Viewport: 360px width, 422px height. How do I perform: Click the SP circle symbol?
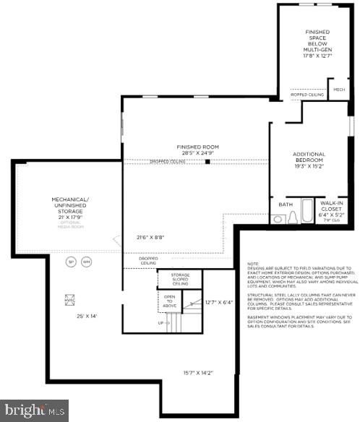coord(71,262)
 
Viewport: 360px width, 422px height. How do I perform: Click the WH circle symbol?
coord(87,262)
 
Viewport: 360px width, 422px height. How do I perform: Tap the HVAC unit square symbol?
coord(72,298)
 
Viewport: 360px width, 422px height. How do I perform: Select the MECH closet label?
coord(338,90)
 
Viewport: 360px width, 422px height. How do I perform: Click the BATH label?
coord(285,204)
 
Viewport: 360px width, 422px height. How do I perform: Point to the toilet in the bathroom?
coord(293,218)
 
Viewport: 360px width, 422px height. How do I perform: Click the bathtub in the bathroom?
coord(308,211)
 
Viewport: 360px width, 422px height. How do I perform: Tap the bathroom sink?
coord(278,219)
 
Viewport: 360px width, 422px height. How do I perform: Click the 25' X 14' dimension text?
coord(87,316)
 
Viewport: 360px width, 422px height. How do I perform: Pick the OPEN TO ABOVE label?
coord(170,301)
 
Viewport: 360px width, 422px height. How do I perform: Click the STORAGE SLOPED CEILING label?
coord(180,279)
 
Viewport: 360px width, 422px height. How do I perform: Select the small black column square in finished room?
coord(208,162)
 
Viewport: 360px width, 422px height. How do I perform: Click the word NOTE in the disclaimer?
coord(252,264)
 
